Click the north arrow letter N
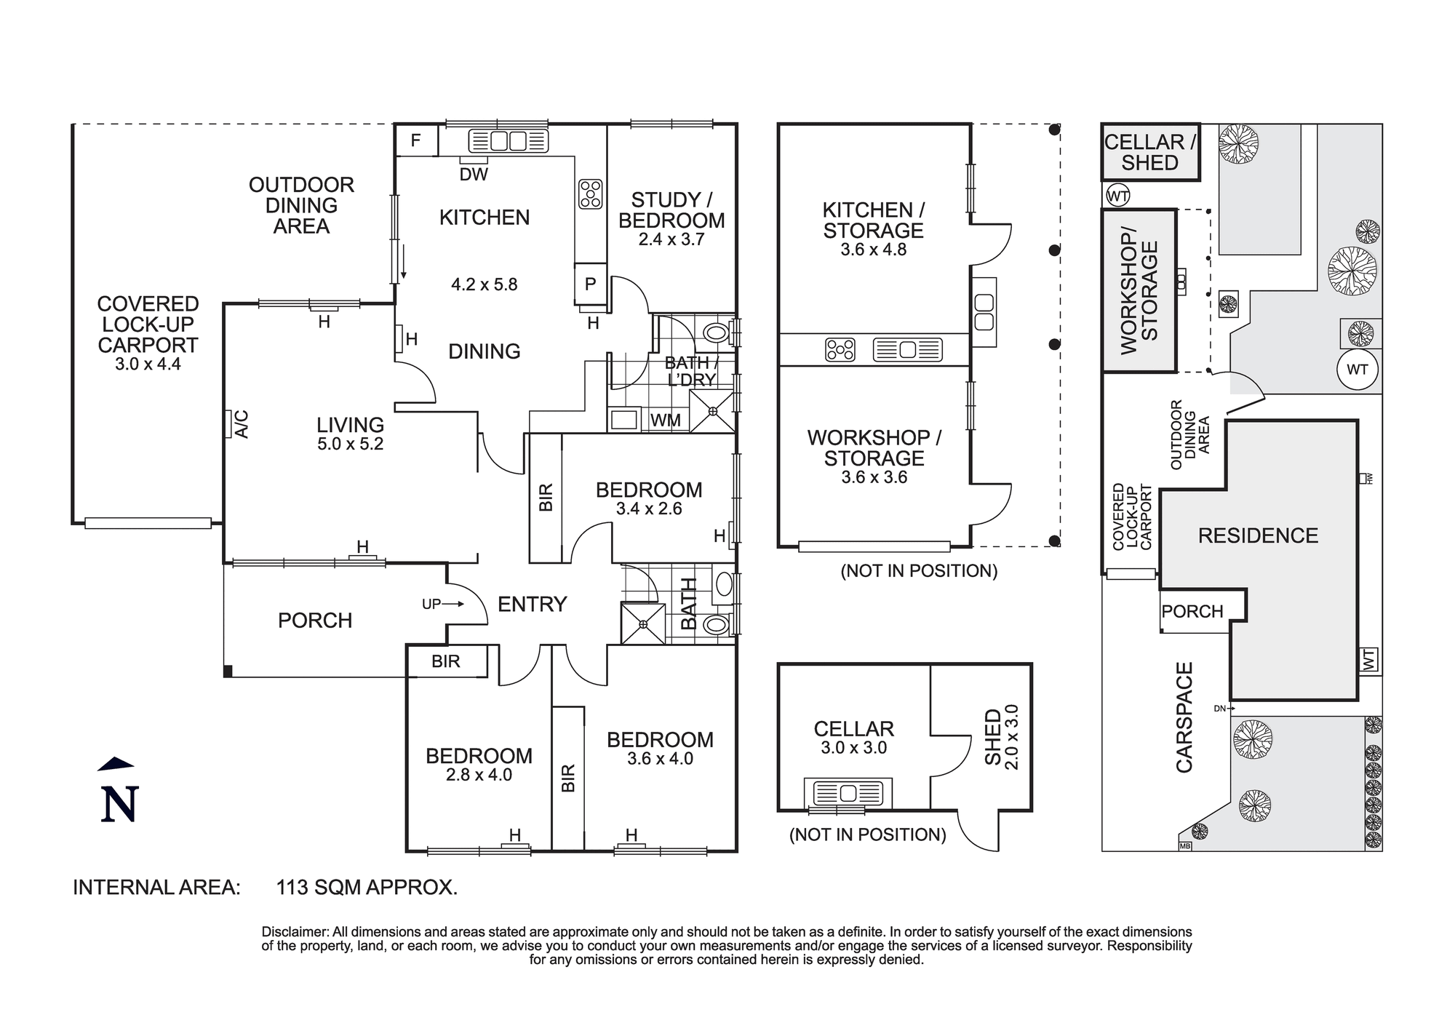tap(119, 804)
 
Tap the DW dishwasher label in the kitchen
tap(474, 175)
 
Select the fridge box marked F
tap(416, 140)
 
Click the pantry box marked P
tap(590, 284)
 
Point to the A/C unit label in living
tap(241, 424)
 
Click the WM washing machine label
tap(666, 420)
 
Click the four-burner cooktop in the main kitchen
tap(591, 194)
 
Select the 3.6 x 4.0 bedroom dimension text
tap(660, 759)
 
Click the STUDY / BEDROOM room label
tap(671, 210)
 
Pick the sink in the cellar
tap(848, 792)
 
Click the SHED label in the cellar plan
tap(993, 738)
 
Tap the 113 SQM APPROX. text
tap(367, 888)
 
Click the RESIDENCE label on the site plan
tap(1258, 536)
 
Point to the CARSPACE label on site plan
tap(1184, 717)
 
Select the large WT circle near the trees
tap(1357, 370)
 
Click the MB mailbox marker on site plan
tap(1184, 846)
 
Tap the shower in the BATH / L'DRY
tap(713, 412)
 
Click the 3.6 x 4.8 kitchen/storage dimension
tap(873, 250)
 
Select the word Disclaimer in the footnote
tap(294, 932)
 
